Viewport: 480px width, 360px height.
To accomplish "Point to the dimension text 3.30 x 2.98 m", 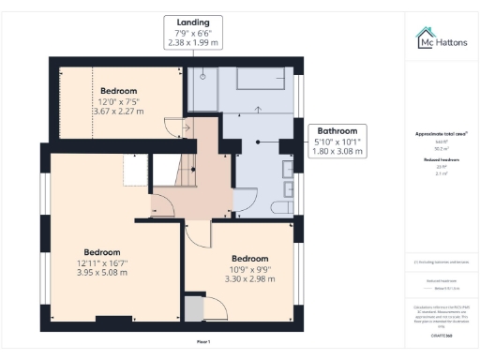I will coord(249,279).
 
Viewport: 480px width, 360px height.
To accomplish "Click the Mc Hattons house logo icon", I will coord(425,38).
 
